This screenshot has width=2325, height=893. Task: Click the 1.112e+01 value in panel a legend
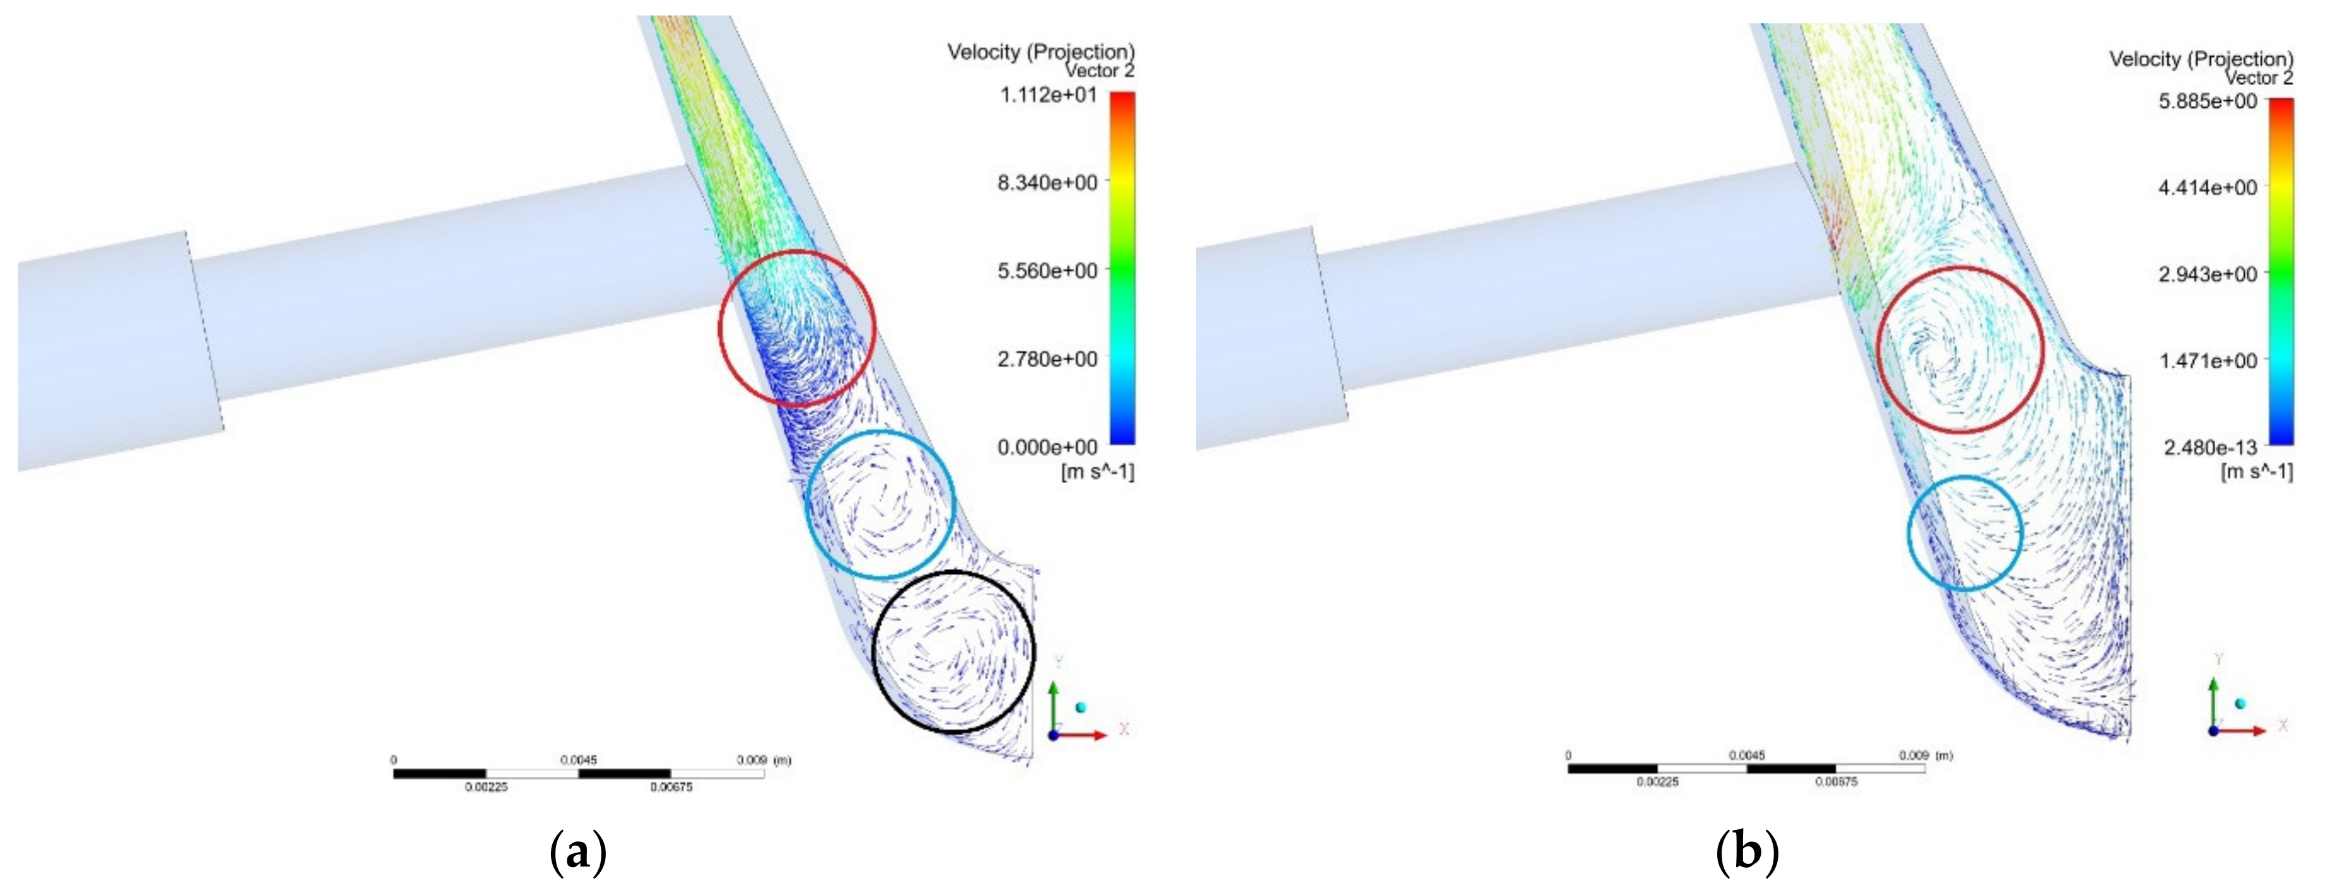[1048, 95]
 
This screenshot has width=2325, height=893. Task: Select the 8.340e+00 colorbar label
[1047, 183]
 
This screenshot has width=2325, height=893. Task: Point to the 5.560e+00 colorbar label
[1047, 271]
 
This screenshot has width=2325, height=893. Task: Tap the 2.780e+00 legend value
[1047, 359]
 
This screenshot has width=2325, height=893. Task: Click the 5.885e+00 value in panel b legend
[2208, 101]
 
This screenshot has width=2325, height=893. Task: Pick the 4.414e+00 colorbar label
[2208, 188]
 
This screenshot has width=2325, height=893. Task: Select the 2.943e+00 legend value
[2208, 274]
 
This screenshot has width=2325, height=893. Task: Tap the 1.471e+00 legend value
[2208, 361]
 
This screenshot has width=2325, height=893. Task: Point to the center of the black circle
[954, 651]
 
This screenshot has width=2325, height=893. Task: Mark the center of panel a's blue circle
[880, 505]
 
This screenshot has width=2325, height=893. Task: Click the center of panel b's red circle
[1960, 349]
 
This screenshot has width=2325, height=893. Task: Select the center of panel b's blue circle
[1965, 533]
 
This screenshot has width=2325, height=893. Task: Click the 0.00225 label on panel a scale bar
[487, 788]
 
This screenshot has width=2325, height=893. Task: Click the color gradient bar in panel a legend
[1123, 268]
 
